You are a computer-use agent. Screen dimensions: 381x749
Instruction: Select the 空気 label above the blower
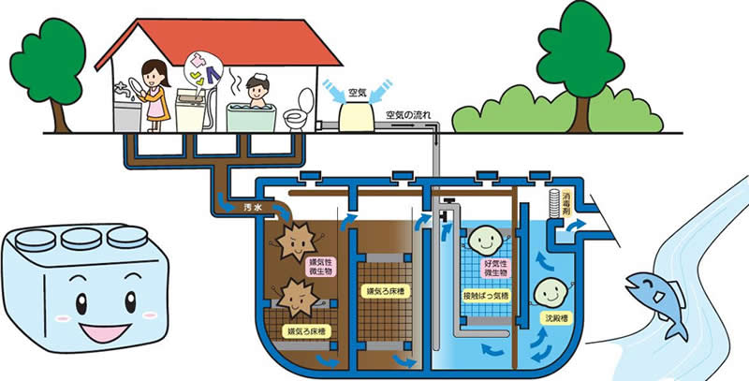[x=357, y=93]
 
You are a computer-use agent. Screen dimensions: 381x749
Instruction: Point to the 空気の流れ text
[x=414, y=115]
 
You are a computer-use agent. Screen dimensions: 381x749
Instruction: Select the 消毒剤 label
[x=567, y=205]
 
